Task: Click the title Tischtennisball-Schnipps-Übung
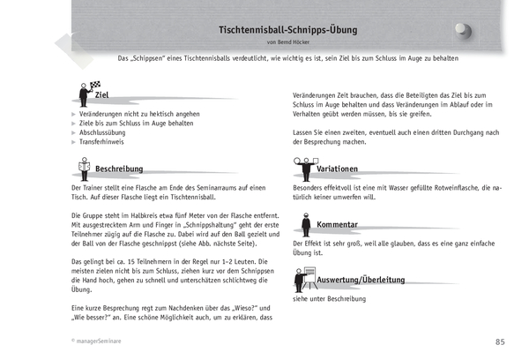click(287, 30)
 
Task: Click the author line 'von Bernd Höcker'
click(287, 42)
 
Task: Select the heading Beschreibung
click(123, 168)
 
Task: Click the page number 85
click(499, 341)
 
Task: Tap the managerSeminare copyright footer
click(99, 341)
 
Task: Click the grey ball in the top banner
click(463, 30)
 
